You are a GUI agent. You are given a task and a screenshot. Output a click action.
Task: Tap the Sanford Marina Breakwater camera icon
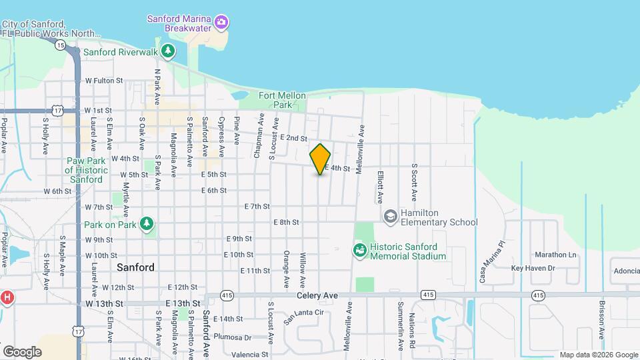[x=222, y=23]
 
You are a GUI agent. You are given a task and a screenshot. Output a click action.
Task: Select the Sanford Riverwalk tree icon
[x=169, y=51]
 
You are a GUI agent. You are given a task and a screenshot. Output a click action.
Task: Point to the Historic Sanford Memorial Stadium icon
[x=359, y=251]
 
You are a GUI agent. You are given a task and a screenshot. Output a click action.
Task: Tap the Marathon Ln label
[x=555, y=255]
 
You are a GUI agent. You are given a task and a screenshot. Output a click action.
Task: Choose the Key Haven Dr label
[x=533, y=268]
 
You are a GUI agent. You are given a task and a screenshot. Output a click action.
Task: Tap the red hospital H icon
[x=7, y=297]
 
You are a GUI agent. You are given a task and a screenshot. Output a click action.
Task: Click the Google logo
[x=21, y=351]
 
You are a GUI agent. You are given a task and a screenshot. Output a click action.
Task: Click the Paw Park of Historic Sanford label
[x=86, y=170]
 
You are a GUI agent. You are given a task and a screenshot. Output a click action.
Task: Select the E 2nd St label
[x=293, y=138]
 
